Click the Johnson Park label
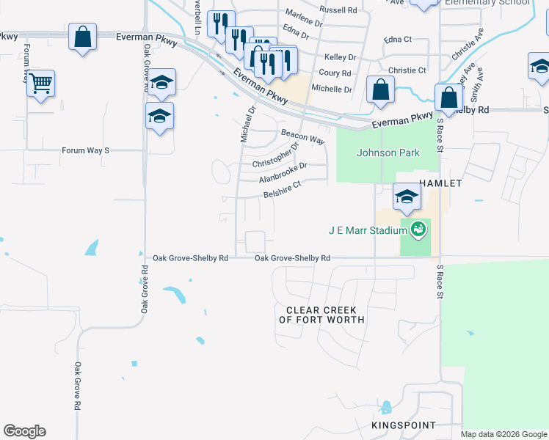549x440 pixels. pos(388,153)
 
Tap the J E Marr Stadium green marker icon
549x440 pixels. pos(418,230)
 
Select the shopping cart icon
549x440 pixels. pos(40,83)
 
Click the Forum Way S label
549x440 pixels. pos(85,150)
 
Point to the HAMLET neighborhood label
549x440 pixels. pos(440,183)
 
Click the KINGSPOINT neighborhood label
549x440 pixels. pos(403,425)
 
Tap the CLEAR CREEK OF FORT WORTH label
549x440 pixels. pos(321,315)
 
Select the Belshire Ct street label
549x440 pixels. pos(283,190)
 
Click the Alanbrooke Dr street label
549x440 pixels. pos(283,172)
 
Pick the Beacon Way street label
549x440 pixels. pos(302,136)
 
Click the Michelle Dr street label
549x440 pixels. pos(332,89)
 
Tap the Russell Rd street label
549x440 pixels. pos(338,10)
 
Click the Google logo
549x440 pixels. pos(24,431)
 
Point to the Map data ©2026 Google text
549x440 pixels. pos(503,434)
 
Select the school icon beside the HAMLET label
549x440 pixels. pos(406,197)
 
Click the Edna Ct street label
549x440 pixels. pos(400,40)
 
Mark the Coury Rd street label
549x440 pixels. pos(335,73)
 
